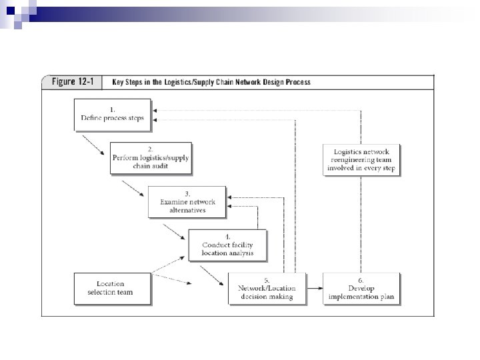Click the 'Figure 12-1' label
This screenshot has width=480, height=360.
pyautogui.click(x=73, y=83)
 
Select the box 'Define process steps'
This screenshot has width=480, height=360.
pyautogui.click(x=112, y=113)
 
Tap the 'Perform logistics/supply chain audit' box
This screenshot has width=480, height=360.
pyautogui.click(x=150, y=158)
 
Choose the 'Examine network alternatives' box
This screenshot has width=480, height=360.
pyautogui.click(x=187, y=201)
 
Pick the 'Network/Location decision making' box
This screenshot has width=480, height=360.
pyautogui.click(x=266, y=288)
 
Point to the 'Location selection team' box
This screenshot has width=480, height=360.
pyautogui.click(x=112, y=288)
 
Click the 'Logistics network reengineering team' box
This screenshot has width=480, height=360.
pyautogui.click(x=362, y=159)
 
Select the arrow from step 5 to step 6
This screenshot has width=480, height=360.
pyautogui.click(x=315, y=289)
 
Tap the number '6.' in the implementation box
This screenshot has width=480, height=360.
pyautogui.click(x=361, y=279)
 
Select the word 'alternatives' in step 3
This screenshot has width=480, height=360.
pyautogui.click(x=187, y=210)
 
